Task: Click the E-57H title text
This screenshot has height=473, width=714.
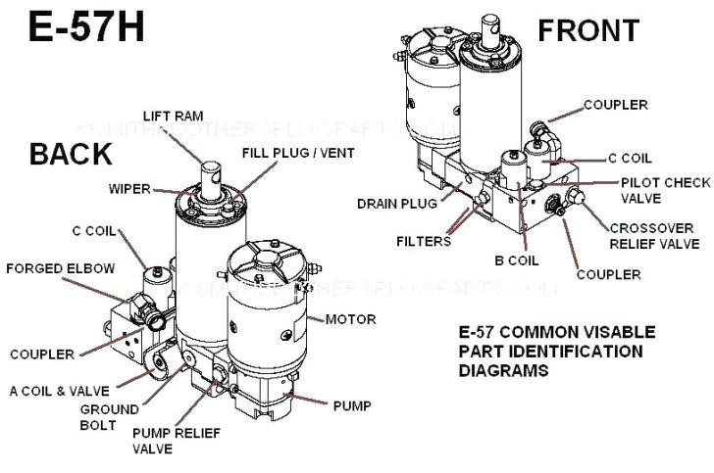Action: point(86,26)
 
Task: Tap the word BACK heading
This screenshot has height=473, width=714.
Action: point(70,154)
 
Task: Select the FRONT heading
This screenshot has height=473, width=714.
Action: point(588,29)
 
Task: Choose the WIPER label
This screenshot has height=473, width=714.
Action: point(129,187)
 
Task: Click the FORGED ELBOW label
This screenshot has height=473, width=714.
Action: point(60,267)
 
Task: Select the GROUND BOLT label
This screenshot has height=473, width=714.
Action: point(109,416)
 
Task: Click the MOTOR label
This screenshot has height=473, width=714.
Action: point(350,319)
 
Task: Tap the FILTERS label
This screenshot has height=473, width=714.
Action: point(424,240)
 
